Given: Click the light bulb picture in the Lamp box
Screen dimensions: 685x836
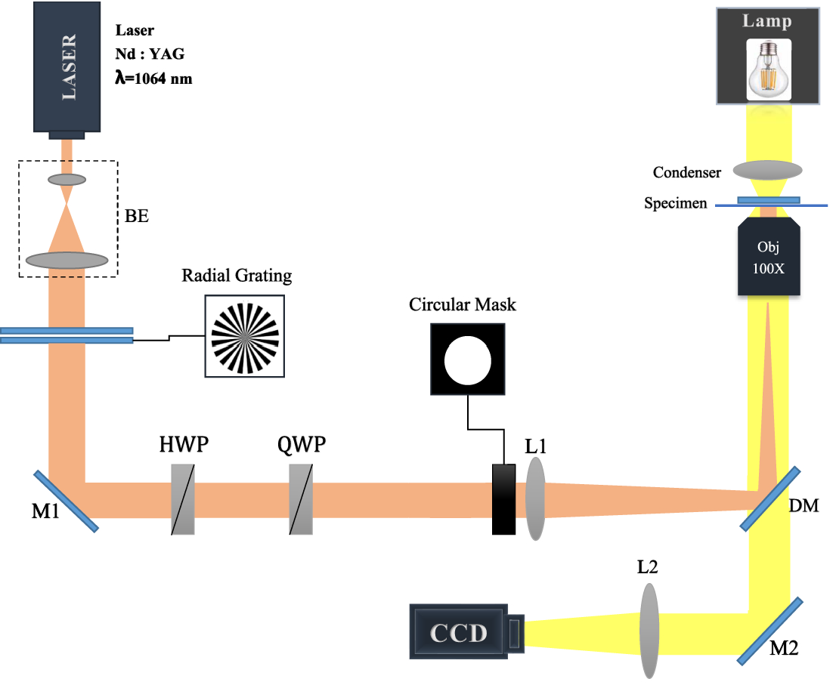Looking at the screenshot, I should point(768,69).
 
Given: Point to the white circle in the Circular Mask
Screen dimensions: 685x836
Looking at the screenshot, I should point(468,359).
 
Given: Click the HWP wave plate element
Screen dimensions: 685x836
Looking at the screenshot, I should point(183,499).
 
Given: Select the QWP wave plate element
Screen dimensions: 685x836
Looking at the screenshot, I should point(301,499).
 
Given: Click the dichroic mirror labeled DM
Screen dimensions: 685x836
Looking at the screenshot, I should point(770,498).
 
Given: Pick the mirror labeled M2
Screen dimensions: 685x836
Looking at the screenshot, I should point(769,631).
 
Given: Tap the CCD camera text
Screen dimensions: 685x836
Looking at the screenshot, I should point(459,633).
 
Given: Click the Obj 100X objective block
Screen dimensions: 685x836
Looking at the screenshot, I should point(769,256).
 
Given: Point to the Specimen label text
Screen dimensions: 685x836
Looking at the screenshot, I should point(677,203).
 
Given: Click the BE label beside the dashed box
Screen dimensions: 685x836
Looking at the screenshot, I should point(137,216).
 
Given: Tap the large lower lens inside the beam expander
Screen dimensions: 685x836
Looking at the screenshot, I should point(67,261).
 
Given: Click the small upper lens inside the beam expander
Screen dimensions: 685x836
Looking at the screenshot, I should point(67,180).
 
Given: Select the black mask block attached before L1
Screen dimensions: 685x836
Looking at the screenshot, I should point(504,499).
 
